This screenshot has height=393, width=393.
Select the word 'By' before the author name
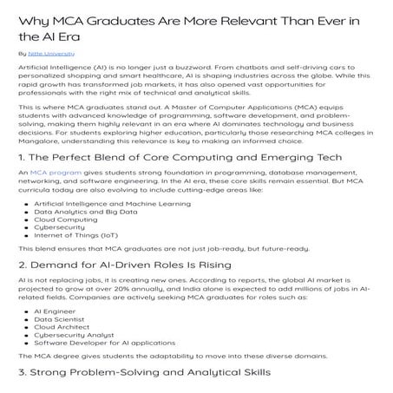[22, 53]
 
